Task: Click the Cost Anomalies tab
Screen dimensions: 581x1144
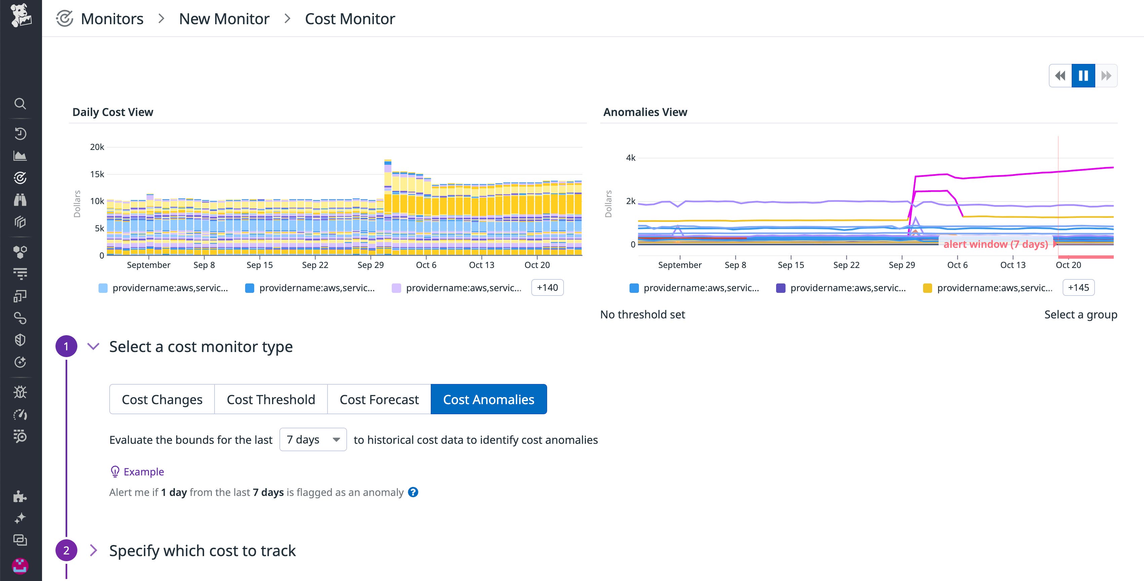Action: [x=489, y=399]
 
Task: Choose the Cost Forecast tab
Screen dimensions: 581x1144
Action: [x=379, y=399]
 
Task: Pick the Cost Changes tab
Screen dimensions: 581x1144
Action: [x=162, y=399]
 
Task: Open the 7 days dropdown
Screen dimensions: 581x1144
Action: [x=313, y=439]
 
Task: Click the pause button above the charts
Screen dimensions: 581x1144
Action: [x=1083, y=76]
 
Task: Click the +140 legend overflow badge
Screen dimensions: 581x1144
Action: [x=547, y=287]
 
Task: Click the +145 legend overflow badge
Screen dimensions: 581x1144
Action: [x=1078, y=287]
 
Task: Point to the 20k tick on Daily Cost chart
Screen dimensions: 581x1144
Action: [x=97, y=147]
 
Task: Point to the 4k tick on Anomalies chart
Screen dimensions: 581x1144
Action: [x=631, y=158]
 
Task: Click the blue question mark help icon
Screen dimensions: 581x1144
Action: [x=413, y=492]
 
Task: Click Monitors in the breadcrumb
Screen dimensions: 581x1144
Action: [x=112, y=18]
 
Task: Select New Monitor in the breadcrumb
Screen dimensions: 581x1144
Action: [x=224, y=18]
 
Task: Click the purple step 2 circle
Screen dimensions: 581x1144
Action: [x=66, y=550]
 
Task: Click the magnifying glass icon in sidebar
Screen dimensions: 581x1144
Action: [x=20, y=104]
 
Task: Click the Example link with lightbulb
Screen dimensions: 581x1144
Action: [x=143, y=472]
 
